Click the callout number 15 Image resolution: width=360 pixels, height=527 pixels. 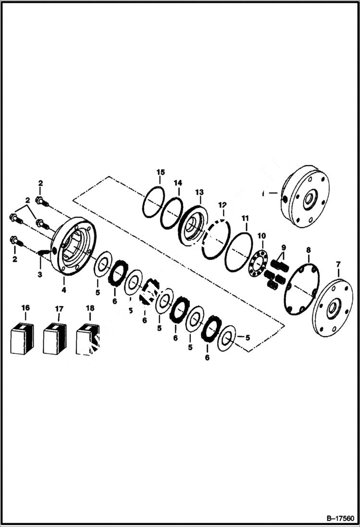click(161, 172)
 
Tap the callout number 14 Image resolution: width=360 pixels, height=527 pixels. click(178, 183)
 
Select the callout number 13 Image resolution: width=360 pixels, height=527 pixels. click(199, 192)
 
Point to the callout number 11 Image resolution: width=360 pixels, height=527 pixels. click(245, 219)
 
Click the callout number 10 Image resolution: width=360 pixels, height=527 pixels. click(261, 236)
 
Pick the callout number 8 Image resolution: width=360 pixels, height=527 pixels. click(308, 250)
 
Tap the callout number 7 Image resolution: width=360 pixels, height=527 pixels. click(338, 265)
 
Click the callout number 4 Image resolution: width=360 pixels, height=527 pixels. click(64, 290)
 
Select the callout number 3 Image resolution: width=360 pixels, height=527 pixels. click(40, 274)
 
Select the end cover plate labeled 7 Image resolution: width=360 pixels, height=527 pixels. click(332, 307)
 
